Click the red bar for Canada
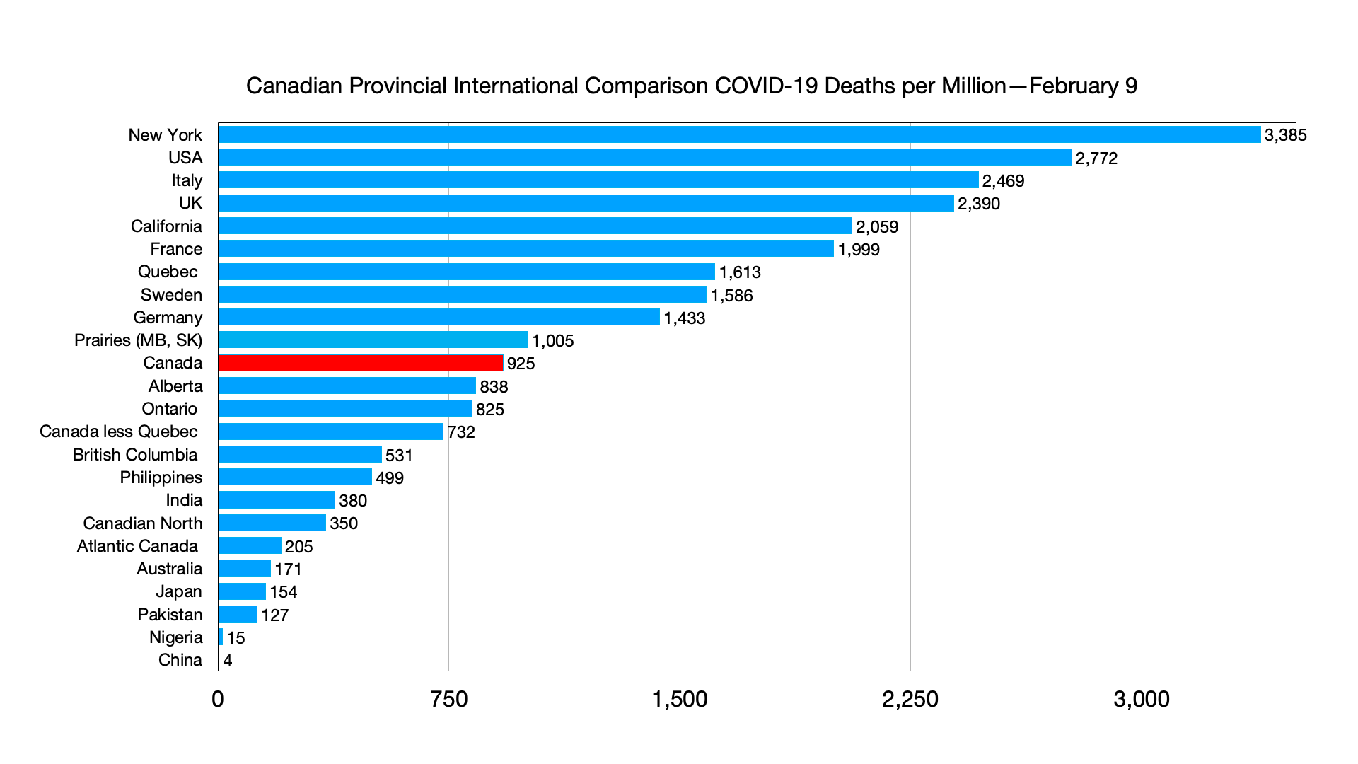[x=361, y=363]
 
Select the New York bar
[x=739, y=134]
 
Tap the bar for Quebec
[x=467, y=272]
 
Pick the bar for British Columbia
[x=300, y=454]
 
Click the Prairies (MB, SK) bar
[x=373, y=340]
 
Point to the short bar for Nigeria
[x=221, y=637]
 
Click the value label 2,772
[x=1096, y=158]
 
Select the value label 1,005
[x=552, y=341]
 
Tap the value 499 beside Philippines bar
[x=390, y=478]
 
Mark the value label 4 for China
[x=228, y=661]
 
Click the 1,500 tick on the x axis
[x=680, y=699]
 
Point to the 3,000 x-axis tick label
[x=1142, y=699]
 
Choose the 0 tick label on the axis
[x=218, y=699]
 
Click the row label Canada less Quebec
[x=119, y=432]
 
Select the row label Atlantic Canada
[x=137, y=546]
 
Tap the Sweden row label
[x=171, y=295]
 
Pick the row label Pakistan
[x=170, y=615]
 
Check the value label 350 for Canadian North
[x=344, y=523]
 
